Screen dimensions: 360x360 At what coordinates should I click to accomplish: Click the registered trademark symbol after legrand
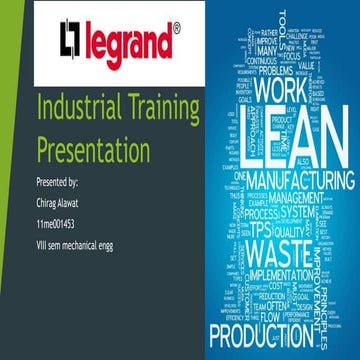176,30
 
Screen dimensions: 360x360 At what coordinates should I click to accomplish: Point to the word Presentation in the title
93,152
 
